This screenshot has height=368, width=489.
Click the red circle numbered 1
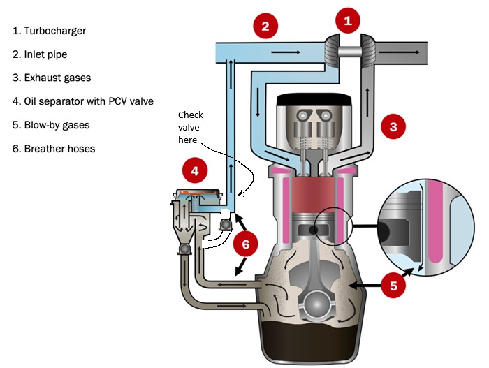click(x=348, y=21)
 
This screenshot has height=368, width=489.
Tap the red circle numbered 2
click(x=265, y=27)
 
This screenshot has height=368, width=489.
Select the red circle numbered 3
click(x=393, y=126)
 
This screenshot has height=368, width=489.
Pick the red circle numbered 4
click(x=195, y=170)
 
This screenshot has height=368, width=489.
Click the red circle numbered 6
click(x=246, y=244)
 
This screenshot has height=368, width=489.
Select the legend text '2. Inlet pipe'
click(x=41, y=54)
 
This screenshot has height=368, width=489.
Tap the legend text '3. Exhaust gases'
click(x=48, y=78)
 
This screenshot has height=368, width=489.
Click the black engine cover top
click(x=312, y=100)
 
